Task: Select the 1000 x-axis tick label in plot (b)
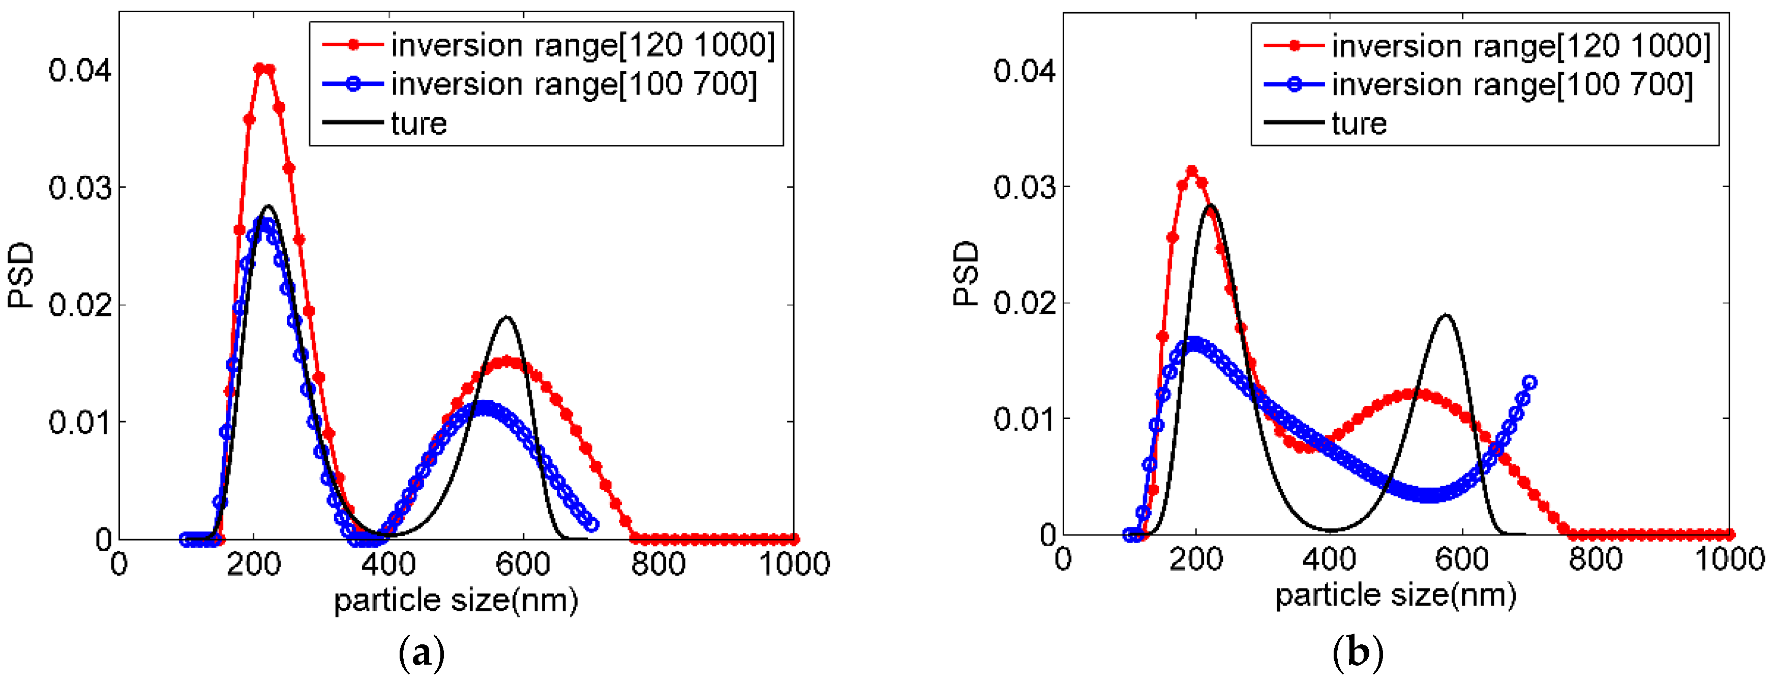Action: [x=1729, y=559]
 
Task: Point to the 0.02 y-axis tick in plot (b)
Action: [x=1024, y=303]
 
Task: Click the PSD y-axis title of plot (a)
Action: [x=21, y=274]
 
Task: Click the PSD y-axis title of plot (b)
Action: [x=966, y=273]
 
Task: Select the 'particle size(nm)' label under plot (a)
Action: [x=456, y=601]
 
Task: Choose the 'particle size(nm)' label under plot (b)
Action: [x=1396, y=595]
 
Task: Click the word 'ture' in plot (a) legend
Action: [x=418, y=124]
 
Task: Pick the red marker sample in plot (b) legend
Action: [x=1294, y=46]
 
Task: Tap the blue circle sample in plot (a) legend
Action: [x=353, y=85]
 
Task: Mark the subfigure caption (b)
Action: [x=1358, y=651]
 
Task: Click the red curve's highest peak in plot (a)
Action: [x=264, y=69]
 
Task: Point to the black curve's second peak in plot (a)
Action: [x=507, y=317]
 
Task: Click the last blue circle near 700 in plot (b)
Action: [x=1530, y=382]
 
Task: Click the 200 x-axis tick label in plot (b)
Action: [x=1196, y=559]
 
